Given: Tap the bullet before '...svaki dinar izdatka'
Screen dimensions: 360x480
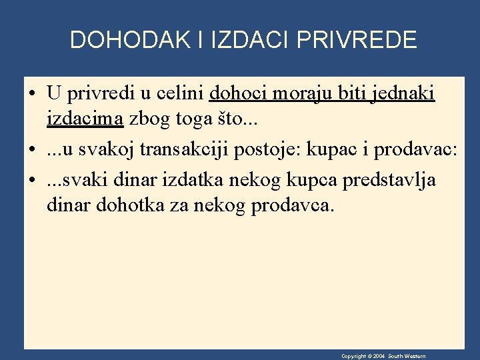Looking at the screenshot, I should coord(33,179).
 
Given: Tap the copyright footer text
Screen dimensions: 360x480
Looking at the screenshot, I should coord(383,356).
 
